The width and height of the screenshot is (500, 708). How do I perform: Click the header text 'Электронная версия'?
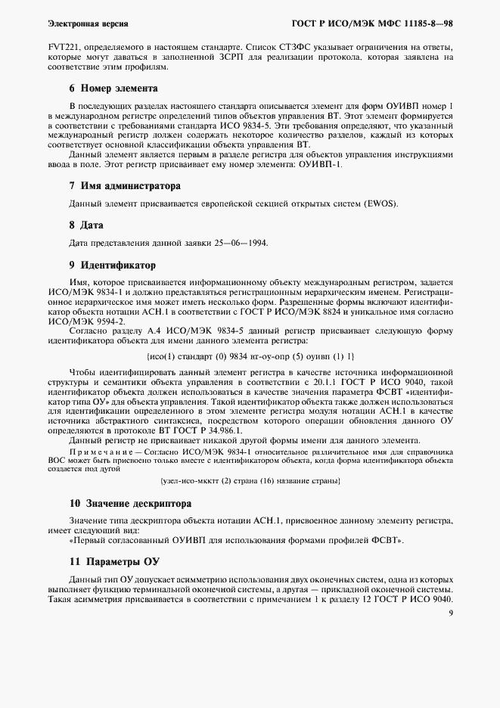(88, 24)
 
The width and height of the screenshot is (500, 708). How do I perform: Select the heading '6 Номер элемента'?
(113, 88)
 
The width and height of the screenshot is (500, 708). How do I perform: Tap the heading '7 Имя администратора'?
(125, 185)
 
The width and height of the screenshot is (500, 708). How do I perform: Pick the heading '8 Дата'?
(86, 225)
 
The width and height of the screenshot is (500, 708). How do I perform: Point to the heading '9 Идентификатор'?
(112, 265)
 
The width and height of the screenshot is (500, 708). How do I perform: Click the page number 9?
(450, 613)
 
